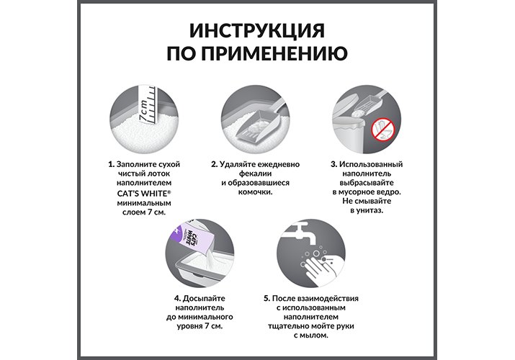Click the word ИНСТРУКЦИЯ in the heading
coord(257,30)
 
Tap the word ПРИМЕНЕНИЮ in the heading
coord(274,53)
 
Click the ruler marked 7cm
coord(147,105)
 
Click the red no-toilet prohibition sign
coord(382,130)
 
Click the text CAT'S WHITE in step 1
coord(144,193)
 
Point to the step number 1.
coord(112,164)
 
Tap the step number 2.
coord(214,164)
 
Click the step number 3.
coord(333,164)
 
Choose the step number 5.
coord(267,298)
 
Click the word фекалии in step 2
coord(255,174)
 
